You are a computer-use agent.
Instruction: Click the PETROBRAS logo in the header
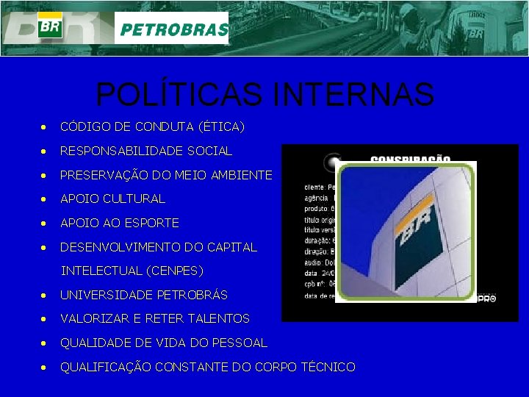172,29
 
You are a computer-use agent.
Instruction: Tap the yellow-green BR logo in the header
49,26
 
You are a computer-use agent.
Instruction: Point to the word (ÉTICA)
221,126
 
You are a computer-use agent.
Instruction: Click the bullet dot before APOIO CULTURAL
46,199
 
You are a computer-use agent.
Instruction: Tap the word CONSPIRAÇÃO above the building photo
410,159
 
